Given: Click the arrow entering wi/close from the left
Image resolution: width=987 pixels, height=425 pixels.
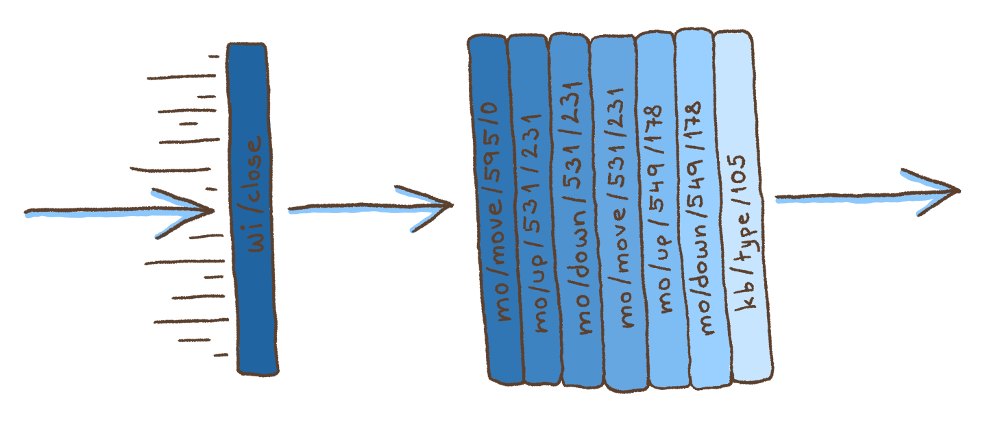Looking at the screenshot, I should (x=117, y=211).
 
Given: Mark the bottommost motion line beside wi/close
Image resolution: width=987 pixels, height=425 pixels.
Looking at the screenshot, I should (x=220, y=354).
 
